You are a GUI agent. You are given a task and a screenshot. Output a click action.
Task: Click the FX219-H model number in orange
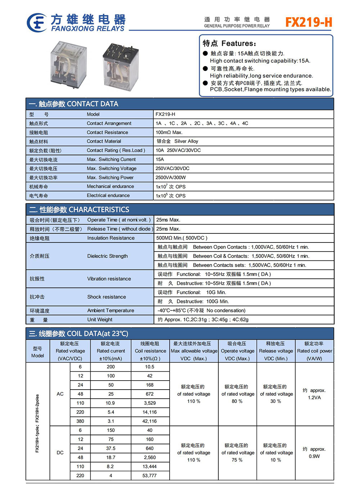point(309,22)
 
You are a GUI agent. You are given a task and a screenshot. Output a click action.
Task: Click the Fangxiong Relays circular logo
point(36,23)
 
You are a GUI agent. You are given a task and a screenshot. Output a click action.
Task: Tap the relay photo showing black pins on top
point(121,65)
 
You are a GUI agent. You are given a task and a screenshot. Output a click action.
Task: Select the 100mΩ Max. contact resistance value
point(169,132)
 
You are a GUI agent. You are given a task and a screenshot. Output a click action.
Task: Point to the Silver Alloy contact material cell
point(177,141)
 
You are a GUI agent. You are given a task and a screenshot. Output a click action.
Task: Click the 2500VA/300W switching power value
point(171,177)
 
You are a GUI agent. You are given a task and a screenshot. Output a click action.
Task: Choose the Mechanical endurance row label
point(110,186)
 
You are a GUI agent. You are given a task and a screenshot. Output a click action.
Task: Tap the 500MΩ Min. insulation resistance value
point(181,238)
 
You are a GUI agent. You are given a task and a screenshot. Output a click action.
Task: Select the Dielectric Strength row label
point(107,256)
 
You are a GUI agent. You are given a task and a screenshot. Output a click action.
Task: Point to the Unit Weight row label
point(100,319)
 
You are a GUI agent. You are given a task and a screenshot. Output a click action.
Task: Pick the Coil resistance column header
point(150,351)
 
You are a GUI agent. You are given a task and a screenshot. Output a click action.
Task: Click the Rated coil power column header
point(314,351)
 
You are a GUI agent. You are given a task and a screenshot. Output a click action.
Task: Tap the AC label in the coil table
point(60,394)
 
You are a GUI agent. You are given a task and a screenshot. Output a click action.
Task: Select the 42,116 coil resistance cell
point(150,421)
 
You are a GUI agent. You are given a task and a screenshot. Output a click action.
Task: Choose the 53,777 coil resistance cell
point(150,476)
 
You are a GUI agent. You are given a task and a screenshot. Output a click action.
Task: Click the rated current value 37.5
point(111,449)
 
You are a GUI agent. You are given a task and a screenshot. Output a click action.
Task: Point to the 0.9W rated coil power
point(314,456)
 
